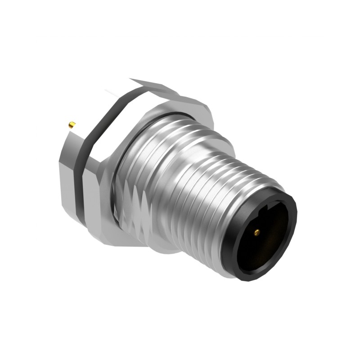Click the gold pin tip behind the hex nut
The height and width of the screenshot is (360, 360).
[71, 124]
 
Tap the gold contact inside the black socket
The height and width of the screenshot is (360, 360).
[256, 232]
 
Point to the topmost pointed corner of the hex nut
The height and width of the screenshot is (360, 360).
[130, 80]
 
